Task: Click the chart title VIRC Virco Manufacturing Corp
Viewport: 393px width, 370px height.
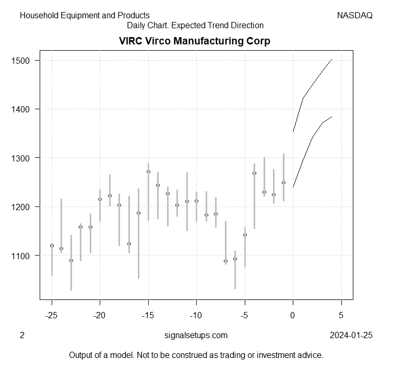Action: click(194, 41)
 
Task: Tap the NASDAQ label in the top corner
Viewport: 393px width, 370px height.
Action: click(355, 16)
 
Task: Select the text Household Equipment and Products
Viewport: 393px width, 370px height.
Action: click(85, 16)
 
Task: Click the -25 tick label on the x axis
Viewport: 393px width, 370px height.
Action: click(52, 316)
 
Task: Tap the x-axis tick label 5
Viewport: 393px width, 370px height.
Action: click(341, 316)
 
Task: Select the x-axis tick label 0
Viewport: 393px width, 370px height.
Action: click(293, 316)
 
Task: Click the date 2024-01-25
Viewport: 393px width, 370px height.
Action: click(351, 336)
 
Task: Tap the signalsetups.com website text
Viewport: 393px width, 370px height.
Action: click(196, 336)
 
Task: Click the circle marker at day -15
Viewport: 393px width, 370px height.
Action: click(148, 171)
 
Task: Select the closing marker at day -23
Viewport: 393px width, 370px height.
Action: click(71, 260)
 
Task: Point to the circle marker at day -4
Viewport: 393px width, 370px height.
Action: click(254, 173)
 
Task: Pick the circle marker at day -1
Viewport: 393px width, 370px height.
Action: click(283, 182)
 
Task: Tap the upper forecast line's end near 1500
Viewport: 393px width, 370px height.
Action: click(331, 60)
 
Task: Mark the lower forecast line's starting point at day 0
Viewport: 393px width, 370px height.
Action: click(293, 187)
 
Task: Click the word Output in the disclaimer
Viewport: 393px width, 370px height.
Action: click(81, 355)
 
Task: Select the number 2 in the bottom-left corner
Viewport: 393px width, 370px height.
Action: click(22, 336)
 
